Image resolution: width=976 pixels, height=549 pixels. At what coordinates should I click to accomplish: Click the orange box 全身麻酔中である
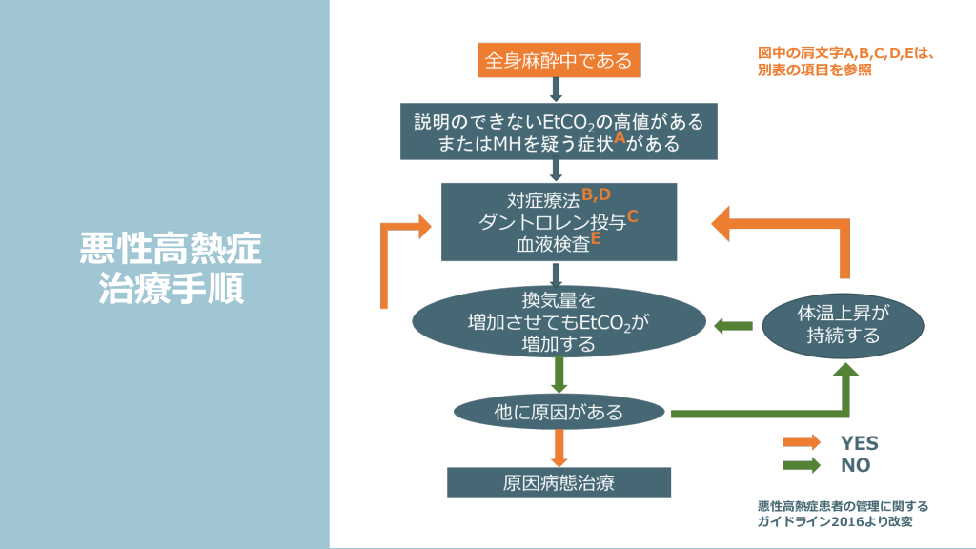[558, 61]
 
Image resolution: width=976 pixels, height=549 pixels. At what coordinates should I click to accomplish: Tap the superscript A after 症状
[619, 137]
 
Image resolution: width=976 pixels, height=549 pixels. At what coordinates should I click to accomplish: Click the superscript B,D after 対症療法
[596, 194]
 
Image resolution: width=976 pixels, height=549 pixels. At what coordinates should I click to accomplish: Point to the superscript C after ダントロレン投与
[632, 215]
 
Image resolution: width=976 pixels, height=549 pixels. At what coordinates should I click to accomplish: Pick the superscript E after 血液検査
[596, 238]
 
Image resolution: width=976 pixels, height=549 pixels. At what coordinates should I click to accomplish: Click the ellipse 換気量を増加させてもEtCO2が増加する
[559, 321]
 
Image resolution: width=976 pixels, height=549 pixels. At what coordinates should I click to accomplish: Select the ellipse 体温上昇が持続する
[843, 324]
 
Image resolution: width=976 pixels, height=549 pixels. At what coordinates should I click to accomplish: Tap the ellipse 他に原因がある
[559, 412]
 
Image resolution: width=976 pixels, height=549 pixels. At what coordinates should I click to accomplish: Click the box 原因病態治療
[559, 481]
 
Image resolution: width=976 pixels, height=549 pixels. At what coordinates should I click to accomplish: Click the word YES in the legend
[859, 443]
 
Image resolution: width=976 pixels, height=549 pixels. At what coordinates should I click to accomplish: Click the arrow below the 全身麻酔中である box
[559, 91]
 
